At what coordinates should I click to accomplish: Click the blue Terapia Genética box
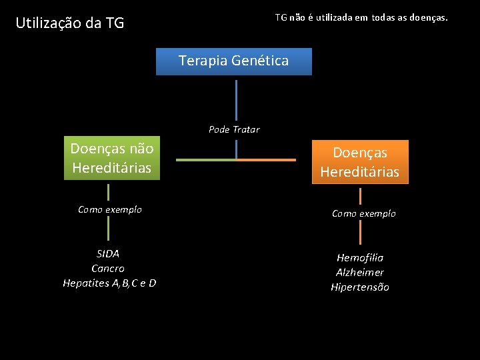click(233, 61)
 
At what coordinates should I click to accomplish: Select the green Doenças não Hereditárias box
click(112, 159)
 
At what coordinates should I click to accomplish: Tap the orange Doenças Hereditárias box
click(360, 162)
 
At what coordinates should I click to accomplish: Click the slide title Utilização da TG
click(70, 23)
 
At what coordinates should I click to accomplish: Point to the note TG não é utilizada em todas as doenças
click(361, 17)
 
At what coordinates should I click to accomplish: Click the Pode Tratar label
click(234, 129)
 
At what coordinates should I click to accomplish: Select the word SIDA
click(108, 253)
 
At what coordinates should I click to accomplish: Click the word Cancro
click(108, 268)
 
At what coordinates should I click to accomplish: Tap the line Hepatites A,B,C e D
click(109, 283)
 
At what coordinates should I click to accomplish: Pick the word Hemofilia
click(360, 257)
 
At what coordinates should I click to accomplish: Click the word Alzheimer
click(360, 272)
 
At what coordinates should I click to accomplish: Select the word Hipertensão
click(360, 287)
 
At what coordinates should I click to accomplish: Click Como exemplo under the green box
click(110, 209)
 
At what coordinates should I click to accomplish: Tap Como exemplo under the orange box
click(364, 213)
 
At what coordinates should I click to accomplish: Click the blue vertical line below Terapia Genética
click(236, 100)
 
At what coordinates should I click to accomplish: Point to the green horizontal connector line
click(206, 160)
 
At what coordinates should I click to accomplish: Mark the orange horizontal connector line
click(266, 160)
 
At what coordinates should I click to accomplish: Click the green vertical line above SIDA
click(109, 229)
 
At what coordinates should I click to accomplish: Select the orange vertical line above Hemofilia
click(361, 233)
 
